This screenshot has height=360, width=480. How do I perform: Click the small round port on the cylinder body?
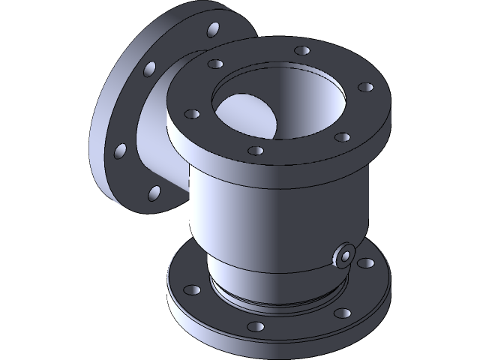tap(344, 255)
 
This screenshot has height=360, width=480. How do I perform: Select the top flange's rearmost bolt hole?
tap(302, 51)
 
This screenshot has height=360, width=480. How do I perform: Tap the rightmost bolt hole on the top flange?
tap(367, 87)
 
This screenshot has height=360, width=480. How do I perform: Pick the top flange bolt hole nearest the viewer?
tap(256, 151)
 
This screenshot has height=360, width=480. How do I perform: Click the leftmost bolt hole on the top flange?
tap(192, 115)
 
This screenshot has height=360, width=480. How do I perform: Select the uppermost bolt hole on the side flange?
tap(214, 29)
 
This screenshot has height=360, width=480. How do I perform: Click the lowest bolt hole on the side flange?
tap(153, 192)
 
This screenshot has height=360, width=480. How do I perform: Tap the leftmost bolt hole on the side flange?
tap(120, 153)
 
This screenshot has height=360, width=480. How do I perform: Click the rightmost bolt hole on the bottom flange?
tap(367, 263)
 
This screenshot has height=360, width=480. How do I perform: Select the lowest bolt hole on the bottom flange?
tap(256, 327)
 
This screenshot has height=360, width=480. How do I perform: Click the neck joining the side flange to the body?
tap(161, 135)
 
